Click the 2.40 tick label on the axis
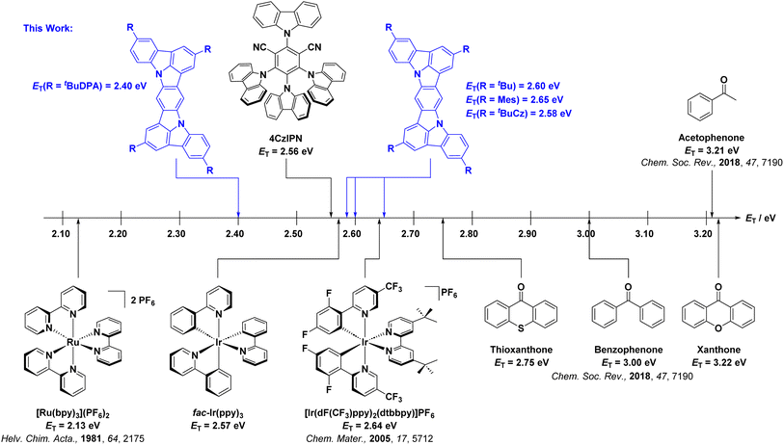pyautogui.click(x=234, y=234)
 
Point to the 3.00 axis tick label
pyautogui.click(x=585, y=234)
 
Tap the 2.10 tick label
pyautogui.click(x=62, y=234)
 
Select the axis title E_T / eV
pyautogui.click(x=761, y=219)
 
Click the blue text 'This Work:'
pyautogui.click(x=48, y=28)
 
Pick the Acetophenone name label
pyautogui.click(x=711, y=138)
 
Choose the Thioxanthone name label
pyautogui.click(x=521, y=350)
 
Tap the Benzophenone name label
pyautogui.click(x=629, y=350)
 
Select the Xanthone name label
pyautogui.click(x=718, y=350)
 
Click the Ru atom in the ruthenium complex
pyautogui.click(x=73, y=343)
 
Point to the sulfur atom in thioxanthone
pyautogui.click(x=521, y=328)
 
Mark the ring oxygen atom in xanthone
pyautogui.click(x=718, y=328)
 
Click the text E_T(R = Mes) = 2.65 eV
pyautogui.click(x=515, y=99)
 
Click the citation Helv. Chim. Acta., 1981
pyautogui.click(x=72, y=438)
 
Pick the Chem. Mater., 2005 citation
pyautogui.click(x=369, y=438)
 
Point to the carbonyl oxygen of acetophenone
pyautogui.click(x=723, y=79)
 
